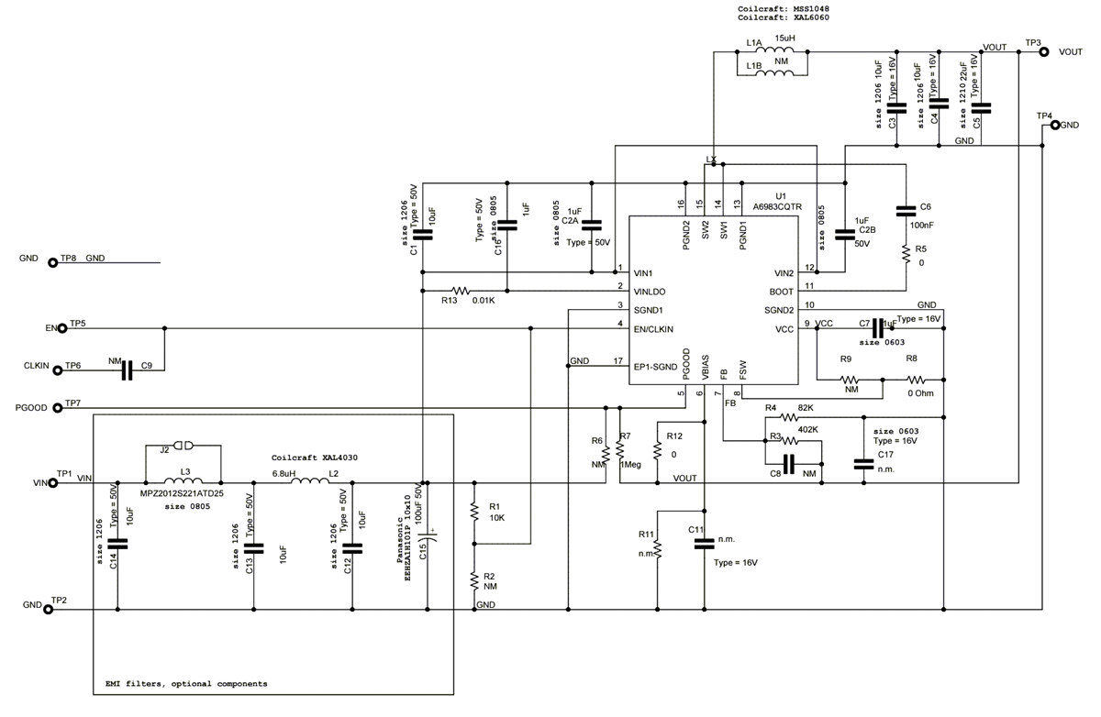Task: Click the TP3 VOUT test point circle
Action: pos(1043,52)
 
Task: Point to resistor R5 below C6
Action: pos(906,255)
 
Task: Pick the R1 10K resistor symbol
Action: pos(474,511)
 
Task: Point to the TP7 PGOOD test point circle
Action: pos(56,406)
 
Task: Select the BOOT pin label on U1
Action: pos(784,291)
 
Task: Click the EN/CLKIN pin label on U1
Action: pos(654,327)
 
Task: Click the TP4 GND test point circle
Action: pos(1055,125)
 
